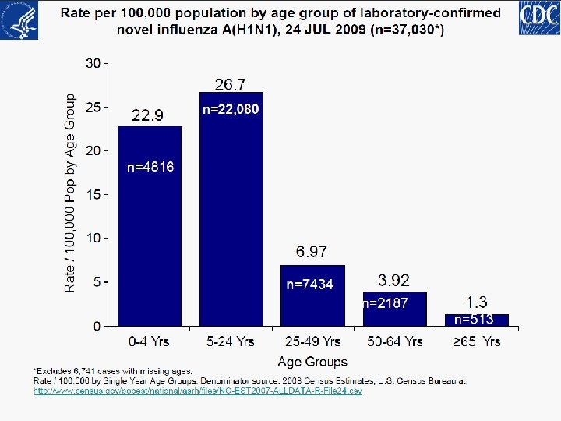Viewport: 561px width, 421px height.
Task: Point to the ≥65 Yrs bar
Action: [x=476, y=320]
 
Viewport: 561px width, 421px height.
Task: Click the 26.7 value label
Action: [x=230, y=83]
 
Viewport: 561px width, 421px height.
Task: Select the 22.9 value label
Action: [x=148, y=116]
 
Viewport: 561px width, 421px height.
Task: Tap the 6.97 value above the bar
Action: [x=312, y=252]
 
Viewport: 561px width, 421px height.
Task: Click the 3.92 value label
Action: [x=393, y=280]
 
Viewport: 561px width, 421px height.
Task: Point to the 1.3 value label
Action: [x=477, y=302]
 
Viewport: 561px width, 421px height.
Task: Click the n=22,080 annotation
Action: [x=231, y=110]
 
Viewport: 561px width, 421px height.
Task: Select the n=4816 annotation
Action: [x=150, y=166]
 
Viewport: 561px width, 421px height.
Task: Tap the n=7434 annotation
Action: [x=310, y=285]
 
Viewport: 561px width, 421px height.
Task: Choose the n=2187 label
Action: [x=385, y=303]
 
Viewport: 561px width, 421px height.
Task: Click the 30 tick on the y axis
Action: [x=93, y=63]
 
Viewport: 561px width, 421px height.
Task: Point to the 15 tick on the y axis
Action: [x=93, y=194]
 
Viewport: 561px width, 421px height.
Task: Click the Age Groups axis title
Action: [x=312, y=362]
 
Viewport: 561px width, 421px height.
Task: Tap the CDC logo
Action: [x=538, y=18]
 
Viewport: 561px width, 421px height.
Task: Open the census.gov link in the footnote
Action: [x=197, y=391]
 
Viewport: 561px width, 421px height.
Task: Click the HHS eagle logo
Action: [x=19, y=19]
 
